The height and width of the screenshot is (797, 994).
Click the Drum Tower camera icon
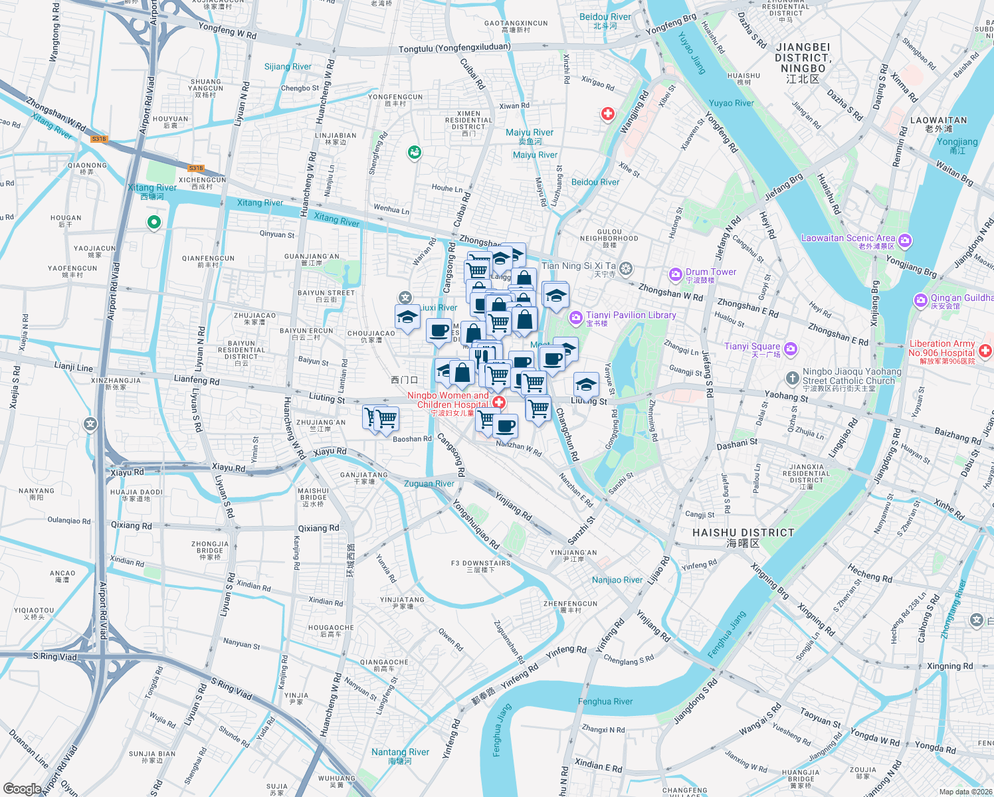pos(676,274)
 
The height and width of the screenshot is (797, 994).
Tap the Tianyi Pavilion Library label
pos(631,315)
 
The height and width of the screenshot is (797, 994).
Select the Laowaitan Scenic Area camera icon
pos(905,240)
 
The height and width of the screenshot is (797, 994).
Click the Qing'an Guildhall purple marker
pos(920,300)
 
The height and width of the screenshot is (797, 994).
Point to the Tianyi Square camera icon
pos(791,348)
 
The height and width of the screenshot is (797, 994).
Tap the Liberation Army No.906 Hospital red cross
pos(986,349)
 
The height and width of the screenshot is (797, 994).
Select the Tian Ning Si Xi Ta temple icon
pos(625,268)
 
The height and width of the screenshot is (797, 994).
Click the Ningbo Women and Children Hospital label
pos(448,400)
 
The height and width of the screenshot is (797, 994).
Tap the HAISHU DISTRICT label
pos(743,533)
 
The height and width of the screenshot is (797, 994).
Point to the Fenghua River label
pos(605,701)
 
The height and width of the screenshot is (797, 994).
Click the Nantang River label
pos(400,752)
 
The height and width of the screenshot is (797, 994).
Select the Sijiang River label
pos(288,66)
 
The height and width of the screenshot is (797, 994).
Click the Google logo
pos(22,788)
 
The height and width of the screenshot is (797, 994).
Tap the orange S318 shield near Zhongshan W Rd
pos(99,139)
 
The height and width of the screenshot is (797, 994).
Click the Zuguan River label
pos(429,484)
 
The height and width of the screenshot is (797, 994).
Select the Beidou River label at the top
pos(605,17)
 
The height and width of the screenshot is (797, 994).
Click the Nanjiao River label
pos(617,580)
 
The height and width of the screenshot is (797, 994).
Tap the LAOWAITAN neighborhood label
pos(938,120)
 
